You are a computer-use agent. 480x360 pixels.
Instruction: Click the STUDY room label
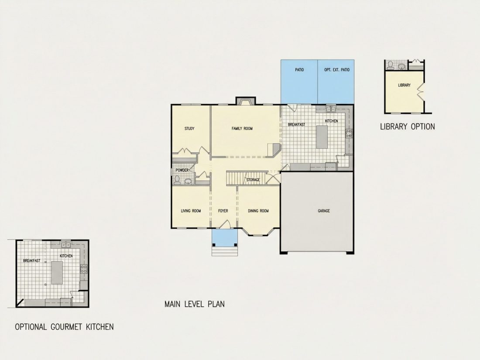pos(189,129)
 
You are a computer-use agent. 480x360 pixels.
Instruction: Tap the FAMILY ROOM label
pos(242,129)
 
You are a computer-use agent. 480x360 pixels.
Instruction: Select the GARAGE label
pos(324,211)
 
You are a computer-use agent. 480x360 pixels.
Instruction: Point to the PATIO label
pos(299,70)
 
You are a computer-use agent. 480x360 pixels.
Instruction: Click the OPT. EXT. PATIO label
pos(337,70)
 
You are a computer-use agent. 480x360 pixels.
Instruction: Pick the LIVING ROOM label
pos(191,211)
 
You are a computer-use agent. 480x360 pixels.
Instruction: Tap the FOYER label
pos(223,211)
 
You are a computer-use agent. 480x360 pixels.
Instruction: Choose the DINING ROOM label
pos(258,211)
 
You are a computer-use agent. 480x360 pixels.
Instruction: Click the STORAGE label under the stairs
pos(253,180)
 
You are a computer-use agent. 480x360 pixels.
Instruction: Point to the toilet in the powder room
pos(177,180)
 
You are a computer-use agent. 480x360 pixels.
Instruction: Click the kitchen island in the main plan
pos(322,137)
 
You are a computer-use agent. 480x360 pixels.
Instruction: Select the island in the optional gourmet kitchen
pos(57,272)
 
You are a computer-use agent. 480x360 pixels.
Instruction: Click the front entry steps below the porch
pos(225,251)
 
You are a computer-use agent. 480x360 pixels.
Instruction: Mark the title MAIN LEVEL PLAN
pos(194,304)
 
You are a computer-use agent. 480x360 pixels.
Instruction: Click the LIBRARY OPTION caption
pos(408,127)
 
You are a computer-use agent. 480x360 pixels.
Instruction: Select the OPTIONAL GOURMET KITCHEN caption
pos(64,327)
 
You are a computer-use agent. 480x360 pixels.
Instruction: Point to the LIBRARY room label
pos(404,85)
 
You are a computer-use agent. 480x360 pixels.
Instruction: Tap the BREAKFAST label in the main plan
pos(296,125)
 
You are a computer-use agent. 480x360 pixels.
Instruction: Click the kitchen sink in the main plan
pos(331,109)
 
